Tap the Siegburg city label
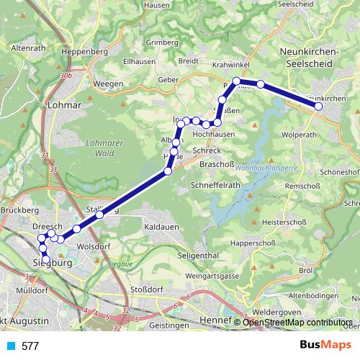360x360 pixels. point(54,264)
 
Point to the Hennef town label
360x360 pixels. point(220,318)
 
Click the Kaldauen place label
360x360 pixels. point(161,227)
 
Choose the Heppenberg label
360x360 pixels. point(85,52)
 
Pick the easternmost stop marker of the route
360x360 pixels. point(318,107)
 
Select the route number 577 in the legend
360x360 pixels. point(30,346)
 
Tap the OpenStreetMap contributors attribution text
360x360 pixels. point(297,322)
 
